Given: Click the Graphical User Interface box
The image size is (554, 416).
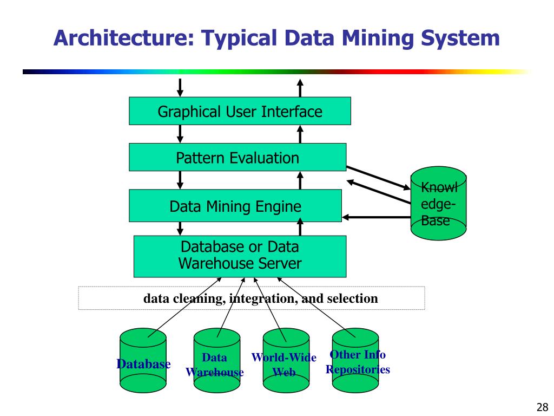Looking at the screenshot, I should point(240,111).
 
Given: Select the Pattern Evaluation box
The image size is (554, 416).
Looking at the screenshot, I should point(238,158).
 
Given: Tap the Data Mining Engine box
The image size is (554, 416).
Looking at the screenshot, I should point(235,206).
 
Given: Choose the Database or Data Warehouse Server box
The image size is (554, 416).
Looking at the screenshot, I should point(240,256).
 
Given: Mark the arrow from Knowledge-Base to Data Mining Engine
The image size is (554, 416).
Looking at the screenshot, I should point(376,218).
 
